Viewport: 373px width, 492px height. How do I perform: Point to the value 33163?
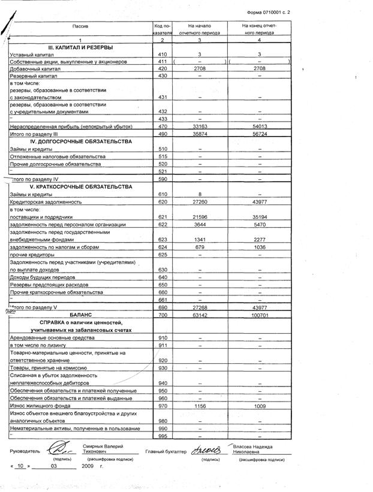pos(199,126)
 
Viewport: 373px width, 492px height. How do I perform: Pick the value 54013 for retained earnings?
pos(260,126)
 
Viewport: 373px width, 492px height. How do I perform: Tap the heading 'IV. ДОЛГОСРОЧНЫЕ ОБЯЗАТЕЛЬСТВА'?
pos(81,141)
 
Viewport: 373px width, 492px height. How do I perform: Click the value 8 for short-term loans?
pos(199,195)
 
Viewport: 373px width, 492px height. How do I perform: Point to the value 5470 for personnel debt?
pos(260,225)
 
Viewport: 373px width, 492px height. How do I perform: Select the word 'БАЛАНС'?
pos(81,315)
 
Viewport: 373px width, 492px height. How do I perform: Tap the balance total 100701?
pos(260,315)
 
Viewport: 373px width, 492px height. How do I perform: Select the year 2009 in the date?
pos(88,466)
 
